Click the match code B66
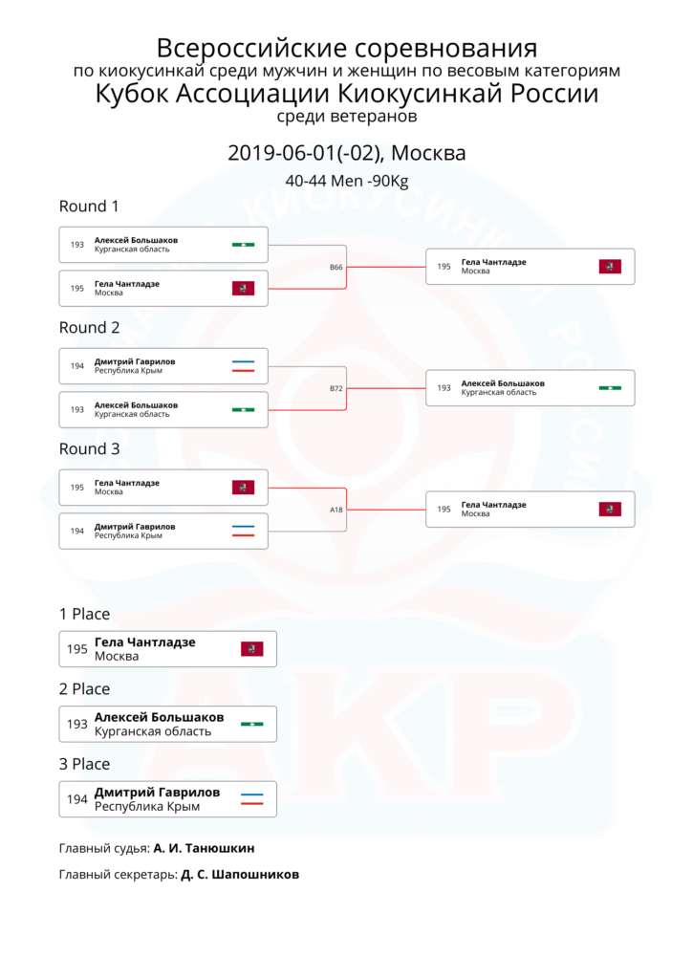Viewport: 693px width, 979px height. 336,268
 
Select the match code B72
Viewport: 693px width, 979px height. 336,388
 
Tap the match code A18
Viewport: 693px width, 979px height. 336,510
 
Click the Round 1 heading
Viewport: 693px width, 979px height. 89,207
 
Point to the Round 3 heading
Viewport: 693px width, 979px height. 89,449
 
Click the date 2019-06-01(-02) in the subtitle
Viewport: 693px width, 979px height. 305,153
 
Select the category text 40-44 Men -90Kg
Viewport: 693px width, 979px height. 346,181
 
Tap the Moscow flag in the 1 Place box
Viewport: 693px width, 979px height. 252,649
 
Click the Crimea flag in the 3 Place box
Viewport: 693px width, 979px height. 252,799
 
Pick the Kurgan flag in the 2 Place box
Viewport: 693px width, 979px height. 252,725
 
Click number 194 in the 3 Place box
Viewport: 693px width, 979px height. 76,799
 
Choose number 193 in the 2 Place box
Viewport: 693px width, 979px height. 76,725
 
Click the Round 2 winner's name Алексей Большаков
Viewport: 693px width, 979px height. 503,383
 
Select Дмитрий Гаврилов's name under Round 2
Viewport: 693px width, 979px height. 135,361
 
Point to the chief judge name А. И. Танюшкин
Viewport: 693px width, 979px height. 205,849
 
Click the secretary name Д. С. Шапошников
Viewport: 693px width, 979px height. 240,875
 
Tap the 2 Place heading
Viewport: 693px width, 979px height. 84,689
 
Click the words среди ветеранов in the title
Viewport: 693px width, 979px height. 346,117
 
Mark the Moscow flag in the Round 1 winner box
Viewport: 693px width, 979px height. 610,268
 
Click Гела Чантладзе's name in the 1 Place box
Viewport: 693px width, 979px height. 145,642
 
